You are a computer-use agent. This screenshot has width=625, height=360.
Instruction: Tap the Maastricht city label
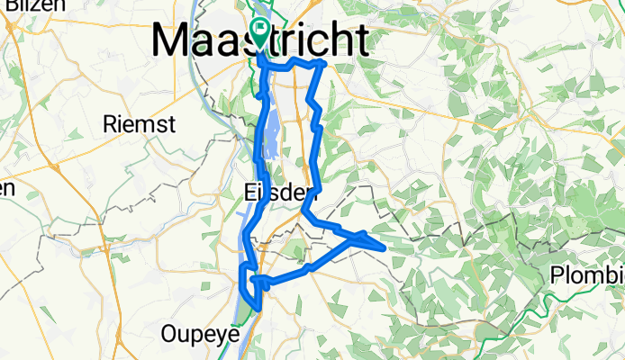(x=260, y=40)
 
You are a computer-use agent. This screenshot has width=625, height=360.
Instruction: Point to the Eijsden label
(x=281, y=192)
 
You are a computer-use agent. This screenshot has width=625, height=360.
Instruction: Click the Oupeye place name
(x=199, y=334)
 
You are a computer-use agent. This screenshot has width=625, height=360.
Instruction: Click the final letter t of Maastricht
(x=360, y=40)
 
